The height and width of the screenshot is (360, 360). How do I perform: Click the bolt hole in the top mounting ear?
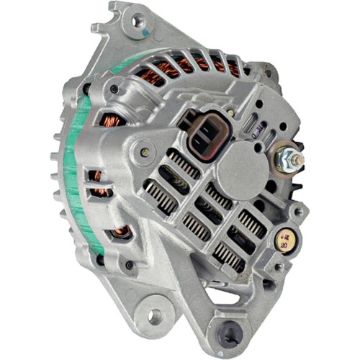tap(137, 21)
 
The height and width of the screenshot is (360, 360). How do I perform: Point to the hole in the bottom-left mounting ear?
tap(154, 315)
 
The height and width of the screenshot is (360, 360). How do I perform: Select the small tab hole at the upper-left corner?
tap(95, 30)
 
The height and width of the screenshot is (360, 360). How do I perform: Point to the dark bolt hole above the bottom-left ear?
tap(130, 264)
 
